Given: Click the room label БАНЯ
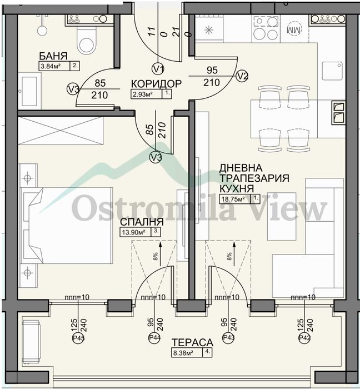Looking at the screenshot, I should [53, 56].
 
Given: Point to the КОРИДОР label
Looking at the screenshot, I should [156, 84].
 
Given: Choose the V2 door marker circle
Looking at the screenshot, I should [242, 76].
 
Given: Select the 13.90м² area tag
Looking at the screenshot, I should [135, 232].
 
